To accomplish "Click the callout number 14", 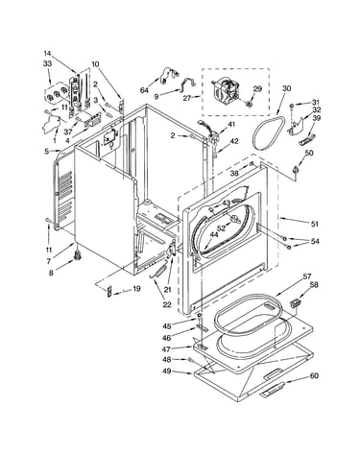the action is click(47, 54).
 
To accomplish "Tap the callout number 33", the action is click(47, 63).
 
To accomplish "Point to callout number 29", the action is click(257, 88).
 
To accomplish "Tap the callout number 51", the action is click(315, 224).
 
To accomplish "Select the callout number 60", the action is click(314, 375).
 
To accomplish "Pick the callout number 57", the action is click(307, 276).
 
